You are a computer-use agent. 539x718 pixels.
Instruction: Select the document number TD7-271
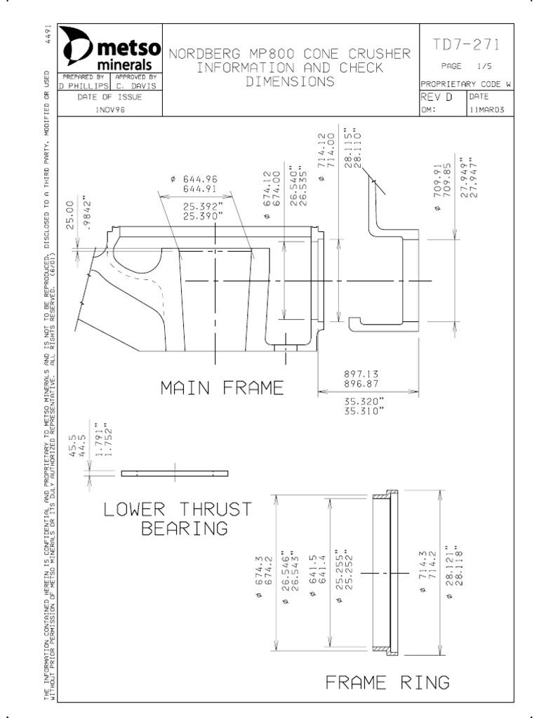[466, 46]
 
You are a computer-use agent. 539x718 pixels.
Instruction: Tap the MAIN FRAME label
[222, 388]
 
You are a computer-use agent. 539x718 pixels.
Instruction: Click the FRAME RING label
[387, 682]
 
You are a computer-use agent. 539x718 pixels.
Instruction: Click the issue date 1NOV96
[110, 109]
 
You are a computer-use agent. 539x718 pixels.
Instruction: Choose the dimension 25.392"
[204, 208]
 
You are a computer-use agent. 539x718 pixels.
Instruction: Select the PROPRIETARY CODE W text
[465, 83]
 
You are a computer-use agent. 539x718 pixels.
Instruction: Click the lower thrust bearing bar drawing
[175, 473]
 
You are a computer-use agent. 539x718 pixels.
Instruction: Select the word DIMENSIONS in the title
[290, 82]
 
